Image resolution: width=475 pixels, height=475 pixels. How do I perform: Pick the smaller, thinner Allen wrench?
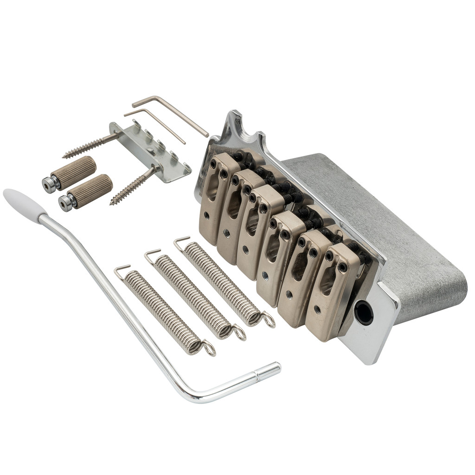(158, 122)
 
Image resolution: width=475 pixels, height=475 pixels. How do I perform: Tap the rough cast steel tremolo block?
(408, 232)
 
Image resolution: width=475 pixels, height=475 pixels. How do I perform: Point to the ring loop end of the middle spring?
(238, 333)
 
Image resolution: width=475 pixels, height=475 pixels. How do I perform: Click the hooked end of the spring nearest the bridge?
(181, 241)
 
